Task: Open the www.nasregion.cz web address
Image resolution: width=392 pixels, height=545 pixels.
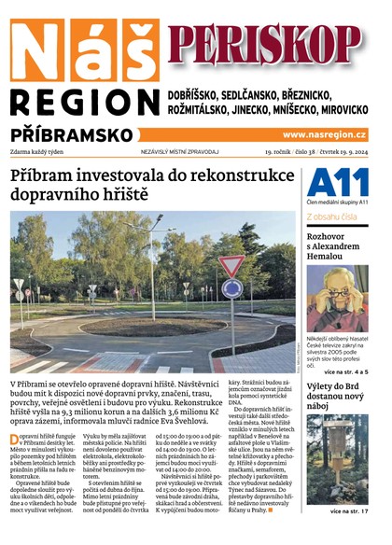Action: click(324, 135)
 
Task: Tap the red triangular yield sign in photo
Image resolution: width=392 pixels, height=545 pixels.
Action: click(231, 267)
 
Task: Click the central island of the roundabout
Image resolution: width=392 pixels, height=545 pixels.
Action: click(140, 323)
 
